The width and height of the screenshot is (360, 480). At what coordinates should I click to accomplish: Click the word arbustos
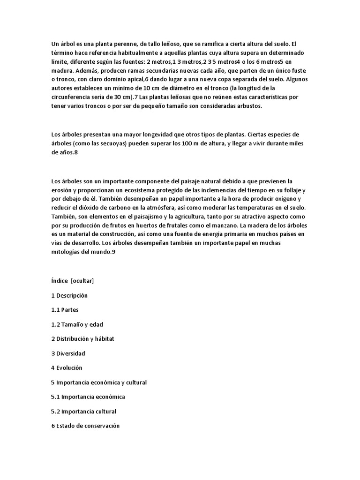pos(250,106)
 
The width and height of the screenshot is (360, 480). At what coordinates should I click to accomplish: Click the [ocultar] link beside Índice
pos(82,281)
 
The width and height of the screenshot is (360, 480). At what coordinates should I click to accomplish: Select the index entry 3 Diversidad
pos(68,353)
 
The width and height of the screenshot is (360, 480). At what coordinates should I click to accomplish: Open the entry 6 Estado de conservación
pos(85,426)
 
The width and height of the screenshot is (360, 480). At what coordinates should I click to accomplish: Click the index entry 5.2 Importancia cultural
pos(83,412)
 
